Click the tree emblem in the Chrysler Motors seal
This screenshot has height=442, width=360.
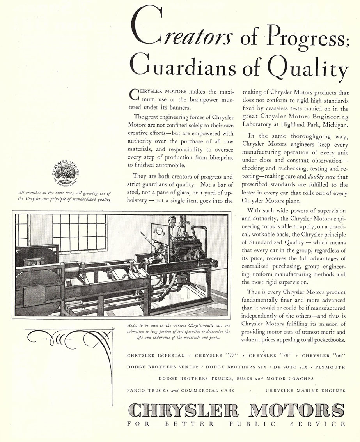(64, 172)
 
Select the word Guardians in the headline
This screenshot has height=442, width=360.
(183, 67)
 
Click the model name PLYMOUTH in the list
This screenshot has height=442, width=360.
(330, 367)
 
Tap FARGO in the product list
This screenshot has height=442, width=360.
(137, 390)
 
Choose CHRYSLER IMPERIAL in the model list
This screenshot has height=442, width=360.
(156, 355)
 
